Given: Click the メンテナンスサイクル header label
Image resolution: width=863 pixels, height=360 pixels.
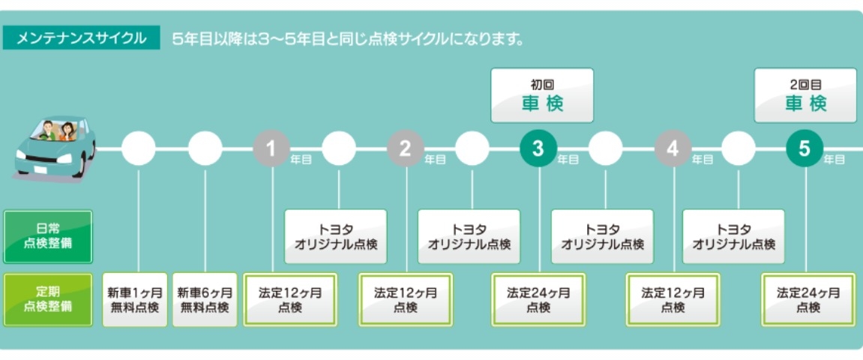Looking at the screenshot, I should pos(81,37).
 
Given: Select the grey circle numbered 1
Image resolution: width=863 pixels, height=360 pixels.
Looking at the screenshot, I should pos(271,149).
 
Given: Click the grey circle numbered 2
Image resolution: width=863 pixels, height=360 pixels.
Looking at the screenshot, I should pos(406,149).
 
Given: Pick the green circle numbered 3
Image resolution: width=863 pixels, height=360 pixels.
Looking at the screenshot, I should pos(538,149).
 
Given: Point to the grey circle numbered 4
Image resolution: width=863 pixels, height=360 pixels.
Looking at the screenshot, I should pos(673,149).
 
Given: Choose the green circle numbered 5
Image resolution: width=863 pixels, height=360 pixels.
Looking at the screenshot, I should pos(805,149).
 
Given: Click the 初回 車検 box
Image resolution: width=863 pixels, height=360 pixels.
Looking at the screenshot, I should pos(542,95).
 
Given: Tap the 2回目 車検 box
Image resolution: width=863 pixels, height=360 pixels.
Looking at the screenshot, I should pos(805,95).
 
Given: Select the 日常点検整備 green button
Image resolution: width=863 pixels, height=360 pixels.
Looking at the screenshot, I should pos(48,236).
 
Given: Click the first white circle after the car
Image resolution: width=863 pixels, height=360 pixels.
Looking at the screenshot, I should pos(139,149).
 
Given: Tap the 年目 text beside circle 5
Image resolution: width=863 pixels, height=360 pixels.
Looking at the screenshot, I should pos(835,160).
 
